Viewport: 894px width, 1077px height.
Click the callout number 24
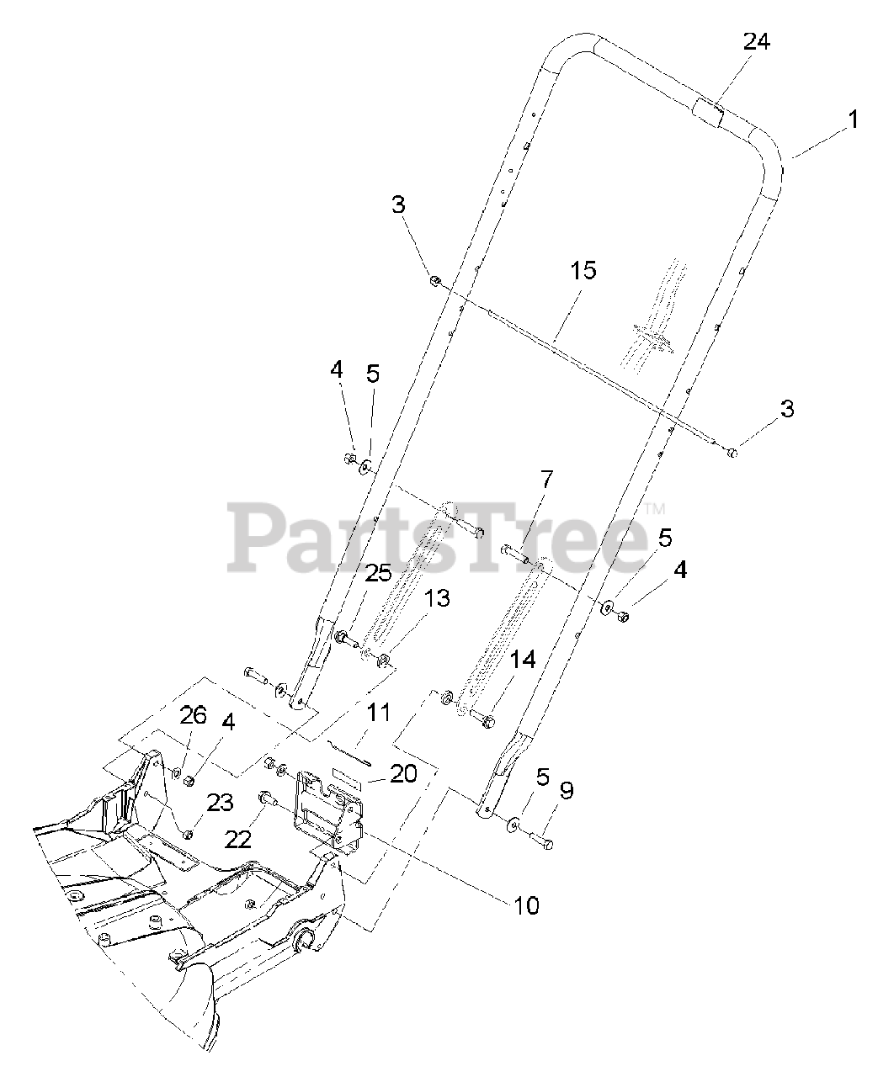click(756, 41)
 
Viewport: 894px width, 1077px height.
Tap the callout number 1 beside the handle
click(854, 119)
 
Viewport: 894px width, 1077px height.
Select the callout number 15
click(583, 270)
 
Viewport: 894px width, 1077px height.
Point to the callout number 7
click(546, 480)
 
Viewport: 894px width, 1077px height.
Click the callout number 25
click(378, 573)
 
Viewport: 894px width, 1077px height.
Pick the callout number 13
click(437, 598)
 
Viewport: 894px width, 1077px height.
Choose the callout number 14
click(523, 660)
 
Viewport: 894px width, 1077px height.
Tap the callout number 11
click(378, 713)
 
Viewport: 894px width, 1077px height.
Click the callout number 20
click(403, 774)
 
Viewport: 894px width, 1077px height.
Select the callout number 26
click(193, 715)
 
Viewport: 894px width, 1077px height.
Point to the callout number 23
click(220, 803)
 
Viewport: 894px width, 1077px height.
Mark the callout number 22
click(238, 840)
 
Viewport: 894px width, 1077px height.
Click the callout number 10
click(526, 905)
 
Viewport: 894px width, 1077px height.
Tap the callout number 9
click(567, 790)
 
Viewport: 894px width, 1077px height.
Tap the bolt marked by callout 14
click(482, 718)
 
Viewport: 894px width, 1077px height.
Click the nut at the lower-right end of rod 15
click(732, 453)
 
